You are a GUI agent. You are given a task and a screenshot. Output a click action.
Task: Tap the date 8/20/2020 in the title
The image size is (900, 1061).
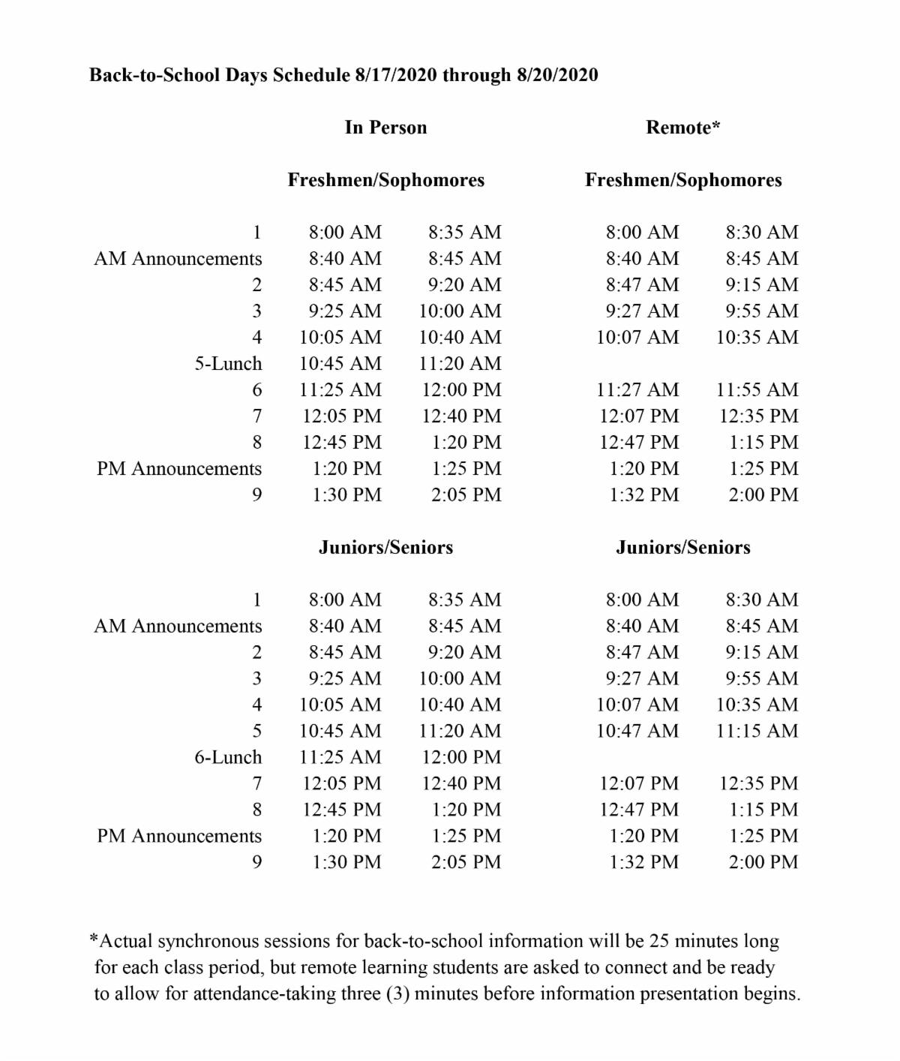tap(557, 75)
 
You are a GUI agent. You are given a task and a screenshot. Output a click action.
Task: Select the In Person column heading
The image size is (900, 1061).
tap(385, 128)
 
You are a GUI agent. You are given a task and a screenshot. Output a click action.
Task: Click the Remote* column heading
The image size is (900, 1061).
tap(682, 128)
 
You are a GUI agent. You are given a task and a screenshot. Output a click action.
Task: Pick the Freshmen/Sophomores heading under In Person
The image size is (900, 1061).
tap(385, 180)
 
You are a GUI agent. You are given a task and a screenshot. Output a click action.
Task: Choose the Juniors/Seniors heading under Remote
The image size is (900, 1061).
tap(682, 547)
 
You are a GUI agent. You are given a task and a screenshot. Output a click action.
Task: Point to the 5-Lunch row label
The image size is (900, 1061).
tap(228, 364)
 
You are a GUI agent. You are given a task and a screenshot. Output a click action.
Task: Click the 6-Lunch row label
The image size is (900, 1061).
tap(228, 757)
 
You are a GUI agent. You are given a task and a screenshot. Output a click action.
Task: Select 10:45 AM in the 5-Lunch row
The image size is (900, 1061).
tap(340, 364)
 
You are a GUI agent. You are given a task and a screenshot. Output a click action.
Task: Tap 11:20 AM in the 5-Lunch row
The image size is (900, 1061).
tap(460, 364)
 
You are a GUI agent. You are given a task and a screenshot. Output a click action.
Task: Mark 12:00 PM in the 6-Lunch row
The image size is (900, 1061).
tap(461, 757)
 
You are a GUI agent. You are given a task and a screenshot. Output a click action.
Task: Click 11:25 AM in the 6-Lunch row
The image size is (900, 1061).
tap(340, 757)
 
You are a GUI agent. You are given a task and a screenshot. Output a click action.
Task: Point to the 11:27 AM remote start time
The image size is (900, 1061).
tap(637, 390)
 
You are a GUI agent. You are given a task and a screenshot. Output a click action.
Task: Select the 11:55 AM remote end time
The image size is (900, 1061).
tap(757, 390)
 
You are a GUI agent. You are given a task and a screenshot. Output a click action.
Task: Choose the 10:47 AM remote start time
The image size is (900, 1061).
tap(637, 731)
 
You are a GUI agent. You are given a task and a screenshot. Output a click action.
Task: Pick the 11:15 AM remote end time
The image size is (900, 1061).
tap(757, 731)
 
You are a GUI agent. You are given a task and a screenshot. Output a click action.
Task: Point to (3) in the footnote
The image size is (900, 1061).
tap(397, 993)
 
